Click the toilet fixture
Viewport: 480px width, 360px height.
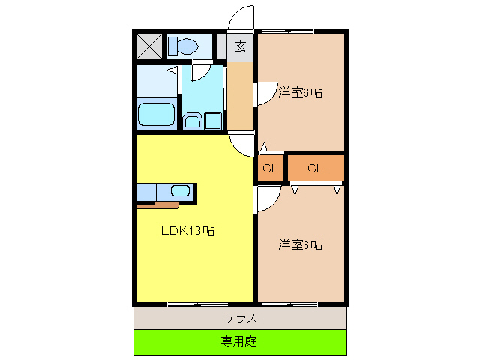click(x=182, y=46)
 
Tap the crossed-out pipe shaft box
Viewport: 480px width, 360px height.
click(x=148, y=46)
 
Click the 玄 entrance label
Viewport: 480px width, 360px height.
click(x=240, y=46)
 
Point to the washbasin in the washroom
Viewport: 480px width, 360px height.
click(x=193, y=121)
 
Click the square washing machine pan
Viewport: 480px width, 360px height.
click(x=213, y=121)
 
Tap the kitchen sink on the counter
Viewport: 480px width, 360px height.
click(x=181, y=190)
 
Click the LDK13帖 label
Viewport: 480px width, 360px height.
click(x=188, y=231)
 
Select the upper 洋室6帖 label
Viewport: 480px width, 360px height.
click(x=300, y=93)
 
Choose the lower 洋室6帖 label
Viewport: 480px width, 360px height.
click(x=300, y=244)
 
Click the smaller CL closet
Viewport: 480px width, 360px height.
click(x=271, y=168)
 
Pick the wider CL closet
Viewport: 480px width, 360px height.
click(x=315, y=168)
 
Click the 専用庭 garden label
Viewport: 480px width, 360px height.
click(x=240, y=341)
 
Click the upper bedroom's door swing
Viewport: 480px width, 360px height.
click(x=265, y=92)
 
